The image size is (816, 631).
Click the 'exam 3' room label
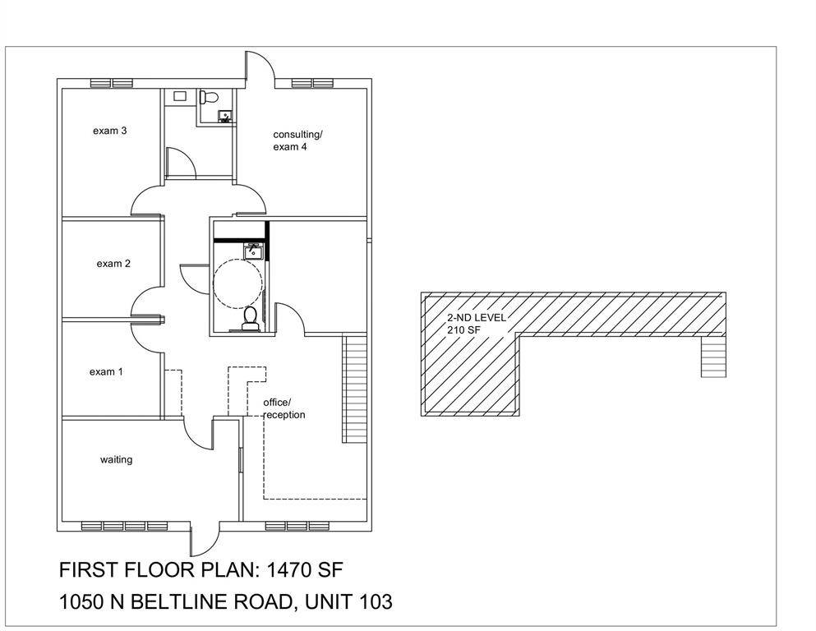click(109, 131)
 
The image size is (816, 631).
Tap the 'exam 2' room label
click(113, 264)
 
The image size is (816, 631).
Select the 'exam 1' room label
click(106, 372)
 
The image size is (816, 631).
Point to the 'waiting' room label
click(116, 459)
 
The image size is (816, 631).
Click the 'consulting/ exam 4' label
click(297, 140)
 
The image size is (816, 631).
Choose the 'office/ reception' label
click(284, 408)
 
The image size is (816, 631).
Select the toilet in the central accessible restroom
click(251, 317)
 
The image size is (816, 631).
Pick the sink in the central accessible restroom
click(252, 251)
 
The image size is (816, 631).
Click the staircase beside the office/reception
click(353, 389)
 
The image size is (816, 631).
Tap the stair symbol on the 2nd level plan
click(713, 357)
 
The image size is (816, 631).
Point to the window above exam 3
click(111, 83)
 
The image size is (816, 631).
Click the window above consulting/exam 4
click(313, 83)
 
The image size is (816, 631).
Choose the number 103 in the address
click(376, 602)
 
